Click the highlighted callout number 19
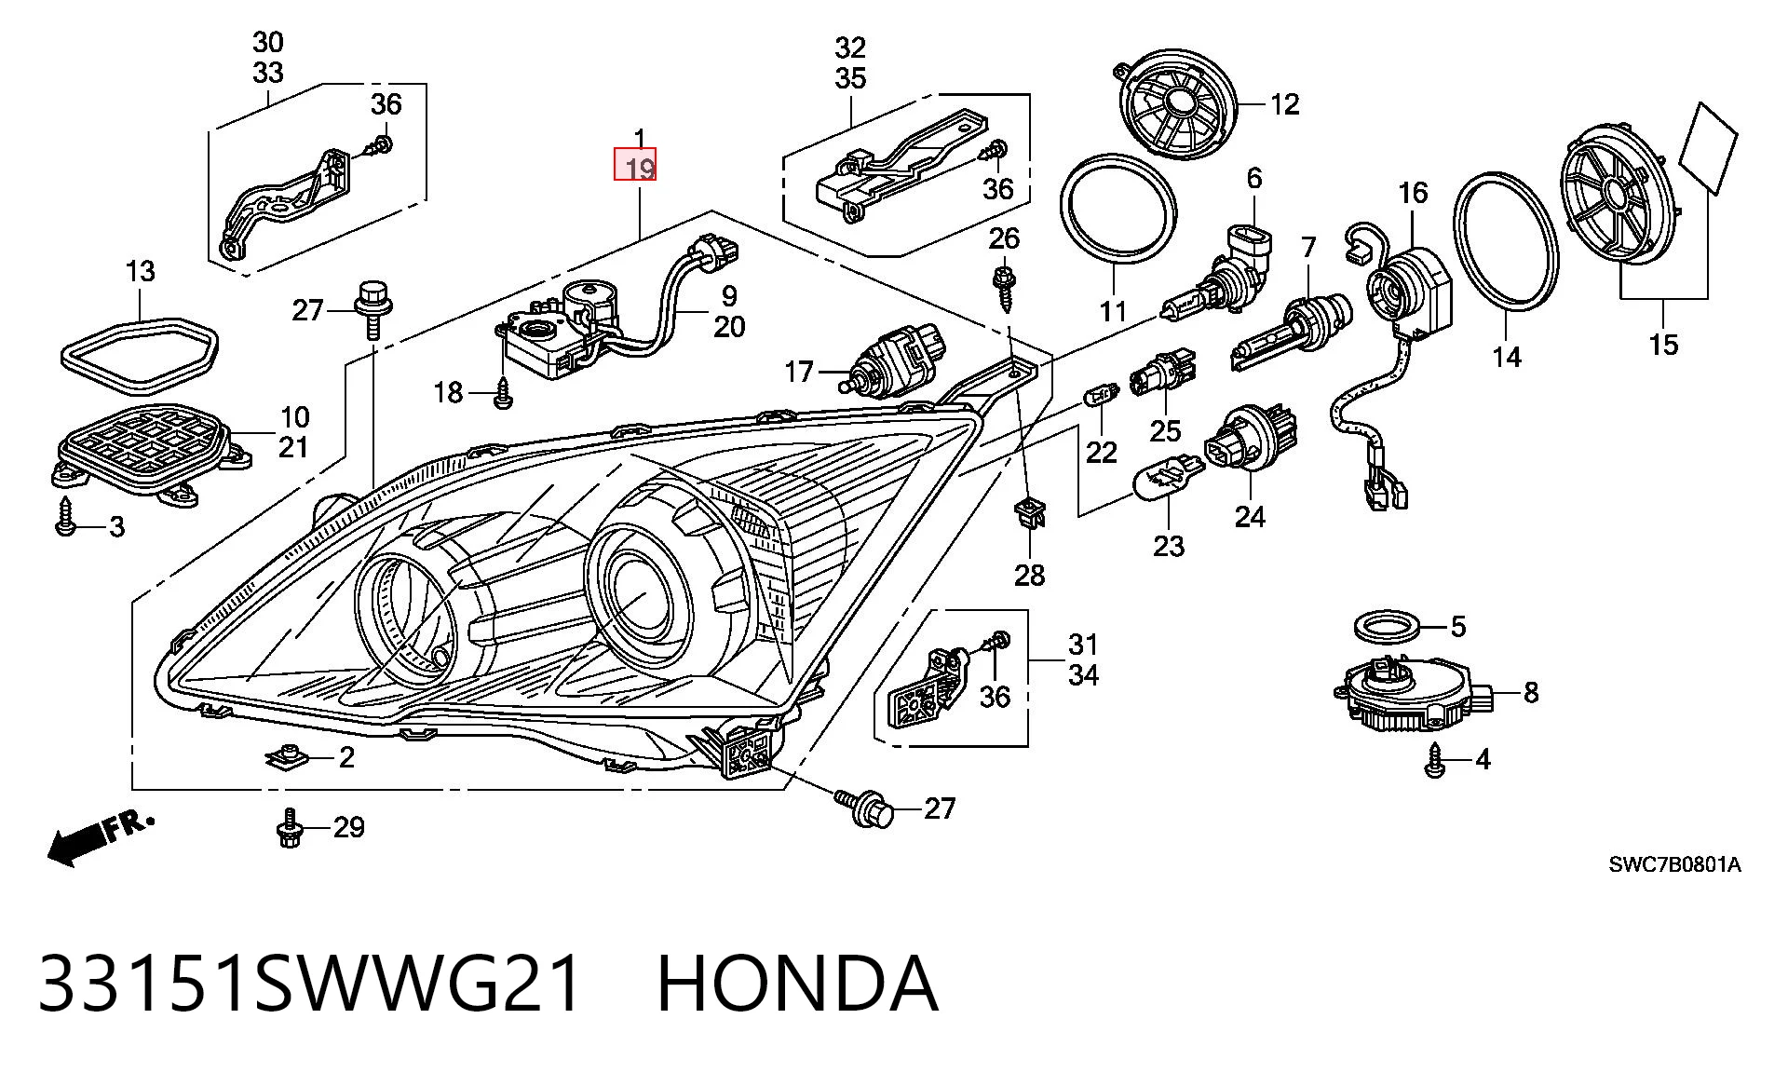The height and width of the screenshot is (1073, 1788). [x=640, y=169]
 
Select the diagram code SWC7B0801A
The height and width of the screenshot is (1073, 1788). [x=1674, y=865]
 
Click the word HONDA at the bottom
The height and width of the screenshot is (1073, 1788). [x=797, y=983]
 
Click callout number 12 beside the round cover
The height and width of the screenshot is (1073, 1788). [x=1284, y=104]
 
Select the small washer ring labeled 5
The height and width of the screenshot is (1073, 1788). [x=1387, y=628]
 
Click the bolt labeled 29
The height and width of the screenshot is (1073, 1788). [x=289, y=828]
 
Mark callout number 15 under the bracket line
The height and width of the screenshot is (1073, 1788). [x=1663, y=345]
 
